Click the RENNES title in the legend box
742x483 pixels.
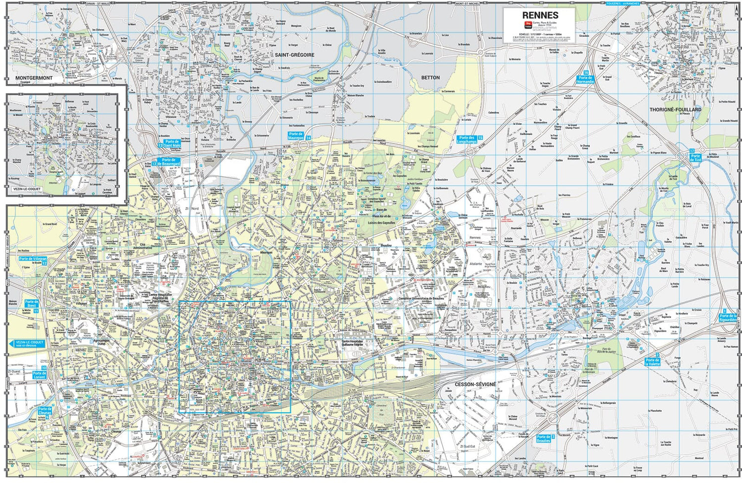tap(540, 15)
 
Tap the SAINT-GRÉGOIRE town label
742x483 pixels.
tap(294, 55)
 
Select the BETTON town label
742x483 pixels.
tap(430, 78)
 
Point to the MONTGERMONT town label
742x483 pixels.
tap(34, 78)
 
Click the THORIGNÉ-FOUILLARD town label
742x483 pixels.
tap(675, 109)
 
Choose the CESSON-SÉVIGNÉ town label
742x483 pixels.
tap(475, 384)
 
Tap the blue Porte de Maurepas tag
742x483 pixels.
tap(296, 136)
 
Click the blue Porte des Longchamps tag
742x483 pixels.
tap(466, 140)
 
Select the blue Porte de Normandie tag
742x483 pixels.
tap(585, 79)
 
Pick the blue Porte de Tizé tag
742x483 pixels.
tap(696, 158)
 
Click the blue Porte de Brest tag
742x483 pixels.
tap(32, 304)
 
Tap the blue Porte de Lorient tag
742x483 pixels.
tap(39, 375)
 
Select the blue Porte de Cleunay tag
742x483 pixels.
tap(45, 411)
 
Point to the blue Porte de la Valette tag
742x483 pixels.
tap(652, 362)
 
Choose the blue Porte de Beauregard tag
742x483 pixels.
tap(169, 161)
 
